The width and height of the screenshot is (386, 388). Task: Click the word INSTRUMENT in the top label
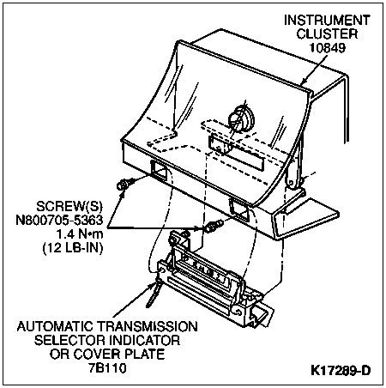point(327,20)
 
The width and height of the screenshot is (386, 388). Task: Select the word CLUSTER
point(327,33)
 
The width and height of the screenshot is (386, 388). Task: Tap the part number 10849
point(328,47)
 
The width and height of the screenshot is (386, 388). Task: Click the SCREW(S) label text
point(69,206)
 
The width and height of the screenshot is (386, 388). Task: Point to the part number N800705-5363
point(59,220)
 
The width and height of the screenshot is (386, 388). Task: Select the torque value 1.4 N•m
point(80,234)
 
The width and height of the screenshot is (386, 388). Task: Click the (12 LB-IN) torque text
point(73,248)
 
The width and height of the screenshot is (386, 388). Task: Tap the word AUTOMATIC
point(55,326)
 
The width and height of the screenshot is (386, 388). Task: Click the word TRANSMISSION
point(147,326)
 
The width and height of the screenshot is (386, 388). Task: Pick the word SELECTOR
point(69,340)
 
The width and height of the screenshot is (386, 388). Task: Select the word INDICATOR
point(144,340)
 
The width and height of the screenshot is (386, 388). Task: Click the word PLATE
point(144,355)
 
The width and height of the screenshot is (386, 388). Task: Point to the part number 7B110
point(107,368)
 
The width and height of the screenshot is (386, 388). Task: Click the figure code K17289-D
point(341,371)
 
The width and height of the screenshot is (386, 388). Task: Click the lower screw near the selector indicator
point(214,226)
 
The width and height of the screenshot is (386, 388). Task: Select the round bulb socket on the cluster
point(242,118)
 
